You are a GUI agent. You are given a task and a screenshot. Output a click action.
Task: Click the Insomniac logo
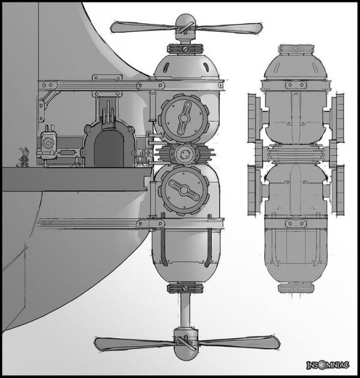tap(328, 365)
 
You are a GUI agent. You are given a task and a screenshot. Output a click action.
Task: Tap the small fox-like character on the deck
tap(24, 157)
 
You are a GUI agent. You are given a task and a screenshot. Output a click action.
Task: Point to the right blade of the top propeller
tap(229, 28)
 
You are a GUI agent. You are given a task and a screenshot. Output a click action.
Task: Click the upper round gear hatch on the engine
tap(184, 118)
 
